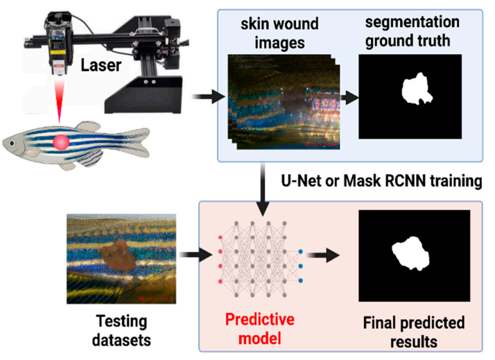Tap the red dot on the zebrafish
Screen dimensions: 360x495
[60, 144]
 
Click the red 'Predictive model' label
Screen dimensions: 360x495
[260, 329]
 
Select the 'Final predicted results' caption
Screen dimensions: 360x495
[414, 332]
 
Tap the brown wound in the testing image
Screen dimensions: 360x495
[115, 255]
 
